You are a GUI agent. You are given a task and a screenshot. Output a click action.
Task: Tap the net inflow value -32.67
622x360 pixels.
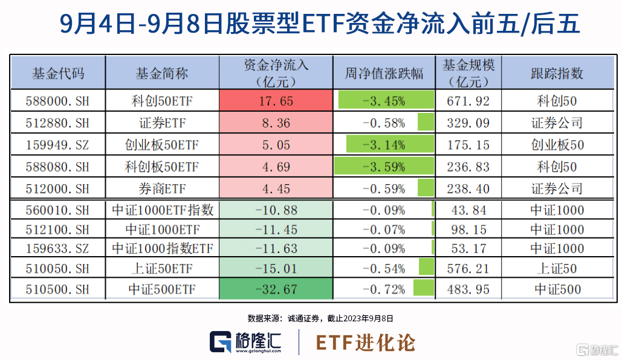pyautogui.click(x=275, y=289)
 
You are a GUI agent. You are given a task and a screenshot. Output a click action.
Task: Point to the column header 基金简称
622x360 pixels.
pyautogui.click(x=161, y=74)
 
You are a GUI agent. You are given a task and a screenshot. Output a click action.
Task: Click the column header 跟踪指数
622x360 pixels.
pyautogui.click(x=557, y=74)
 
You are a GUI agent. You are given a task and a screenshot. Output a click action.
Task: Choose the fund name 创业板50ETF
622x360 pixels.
pyautogui.click(x=161, y=145)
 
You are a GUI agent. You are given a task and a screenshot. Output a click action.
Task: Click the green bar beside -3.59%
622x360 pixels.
pyautogui.click(x=383, y=166)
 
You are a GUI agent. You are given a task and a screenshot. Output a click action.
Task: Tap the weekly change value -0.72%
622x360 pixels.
pyautogui.click(x=384, y=289)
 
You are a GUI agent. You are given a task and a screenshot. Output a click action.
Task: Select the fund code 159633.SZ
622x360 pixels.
pyautogui.click(x=58, y=248)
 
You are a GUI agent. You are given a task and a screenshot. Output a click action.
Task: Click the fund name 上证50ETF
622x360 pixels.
pyautogui.click(x=161, y=269)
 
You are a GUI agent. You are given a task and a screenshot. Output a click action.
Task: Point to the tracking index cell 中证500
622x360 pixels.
pyautogui.click(x=557, y=289)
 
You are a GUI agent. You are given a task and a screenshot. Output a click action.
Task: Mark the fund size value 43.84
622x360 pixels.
pyautogui.click(x=469, y=210)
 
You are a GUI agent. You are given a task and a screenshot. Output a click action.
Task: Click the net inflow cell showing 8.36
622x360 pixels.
pyautogui.click(x=275, y=123)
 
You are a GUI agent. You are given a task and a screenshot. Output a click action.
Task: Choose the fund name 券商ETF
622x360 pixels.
pyautogui.click(x=161, y=188)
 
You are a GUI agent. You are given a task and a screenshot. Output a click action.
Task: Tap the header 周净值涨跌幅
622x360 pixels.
pyautogui.click(x=384, y=74)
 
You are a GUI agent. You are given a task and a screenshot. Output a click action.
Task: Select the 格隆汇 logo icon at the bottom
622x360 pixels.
pyautogui.click(x=221, y=342)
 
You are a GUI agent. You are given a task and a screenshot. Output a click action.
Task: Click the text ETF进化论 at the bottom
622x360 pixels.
pyautogui.click(x=366, y=342)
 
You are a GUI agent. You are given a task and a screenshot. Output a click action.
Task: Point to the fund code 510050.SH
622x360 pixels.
pyautogui.click(x=58, y=269)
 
